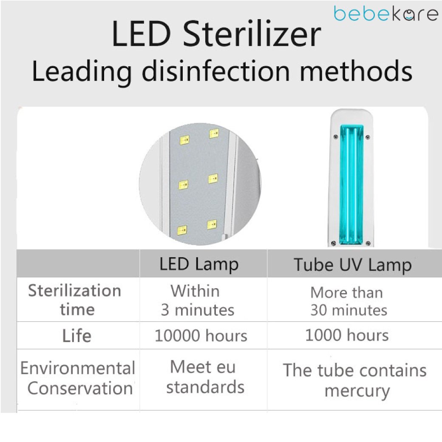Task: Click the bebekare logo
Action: (x=385, y=14)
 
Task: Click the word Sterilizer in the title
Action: (x=252, y=34)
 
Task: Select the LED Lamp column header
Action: (x=199, y=264)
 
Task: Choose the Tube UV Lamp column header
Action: (x=353, y=265)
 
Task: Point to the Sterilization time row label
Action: (x=75, y=300)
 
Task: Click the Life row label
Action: (x=76, y=335)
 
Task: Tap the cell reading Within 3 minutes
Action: (x=198, y=300)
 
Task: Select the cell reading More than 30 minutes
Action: (x=348, y=301)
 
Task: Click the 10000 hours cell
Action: (x=201, y=335)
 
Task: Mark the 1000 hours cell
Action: (x=347, y=335)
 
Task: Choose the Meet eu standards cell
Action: (x=205, y=377)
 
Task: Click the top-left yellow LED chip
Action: (x=184, y=140)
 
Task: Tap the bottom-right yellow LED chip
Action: (x=212, y=225)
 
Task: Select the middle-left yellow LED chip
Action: (x=183, y=185)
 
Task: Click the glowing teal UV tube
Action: (x=351, y=184)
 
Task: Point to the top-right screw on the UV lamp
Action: (x=368, y=137)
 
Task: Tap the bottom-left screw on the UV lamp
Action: (x=333, y=243)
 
